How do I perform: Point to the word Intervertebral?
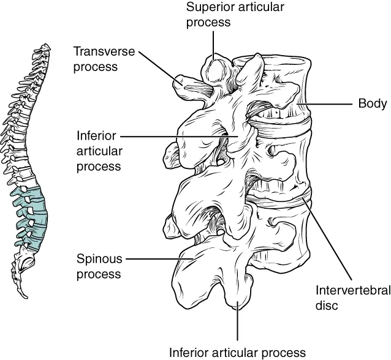(x=346, y=290)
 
